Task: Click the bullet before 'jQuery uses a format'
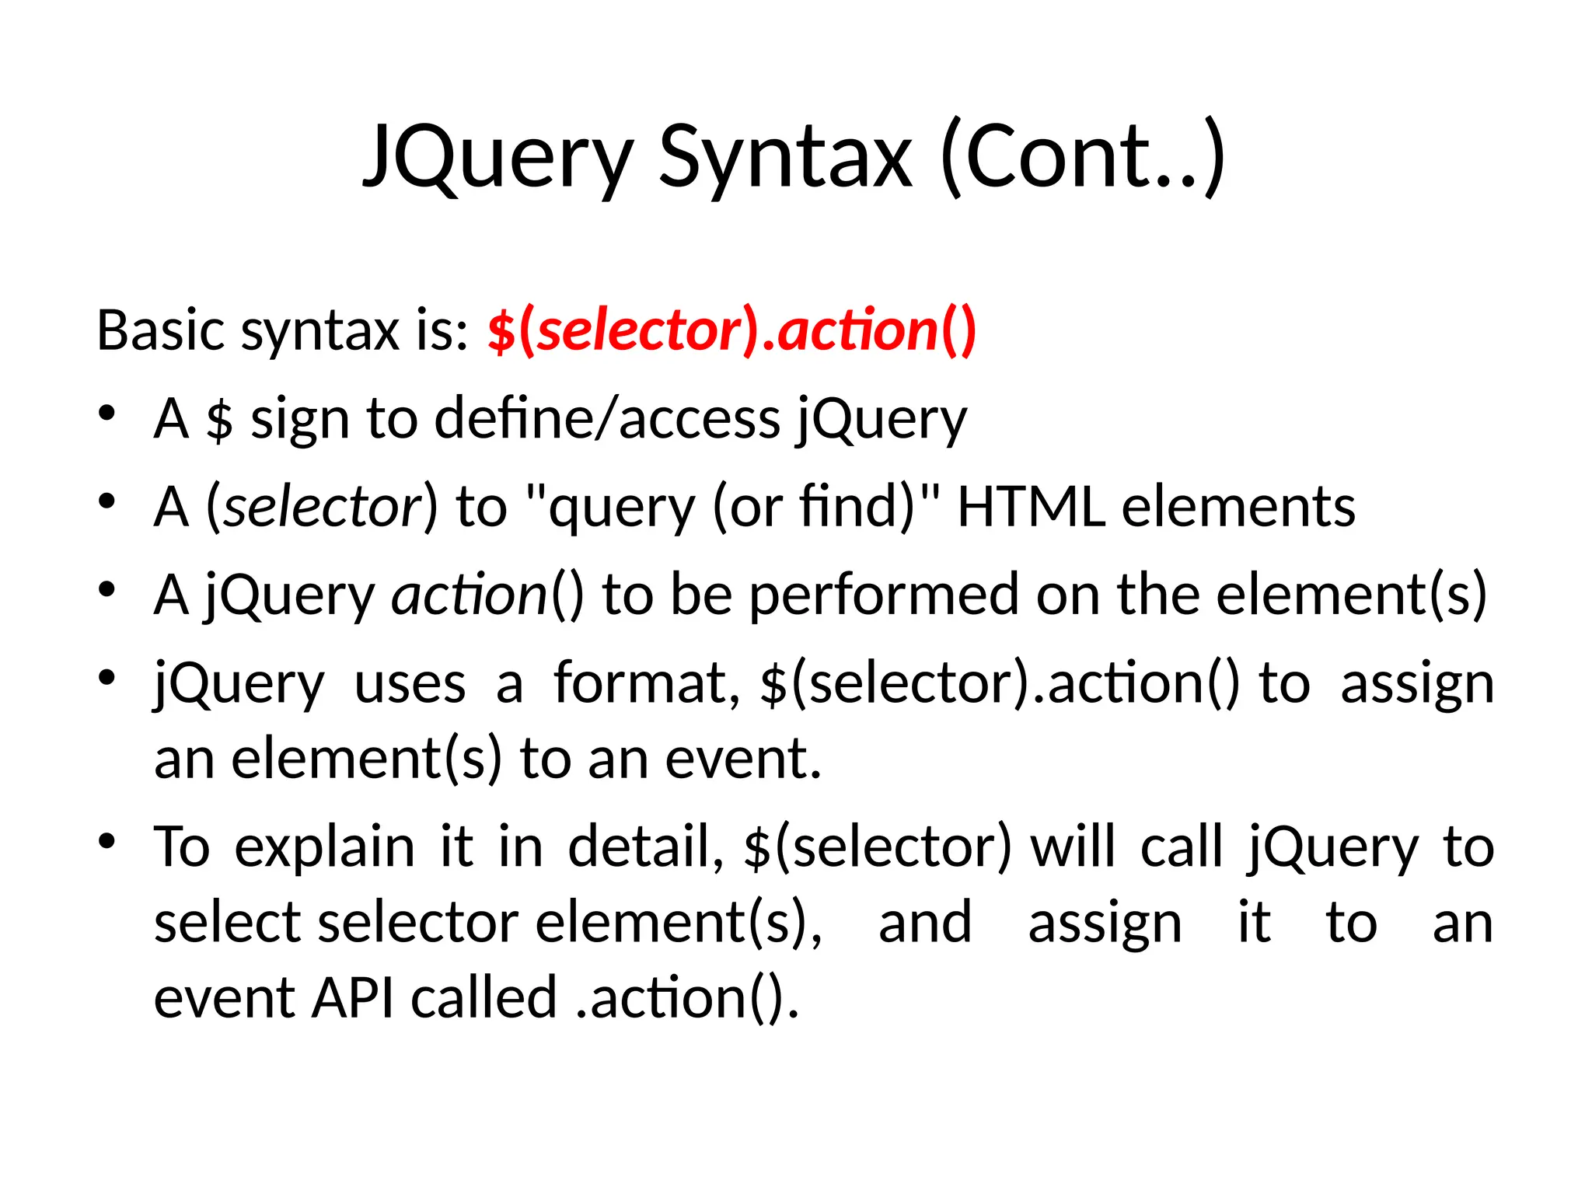(x=107, y=677)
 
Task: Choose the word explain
(x=324, y=848)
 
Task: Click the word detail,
(x=646, y=848)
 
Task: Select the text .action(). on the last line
(x=687, y=998)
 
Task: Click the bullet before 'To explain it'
(x=107, y=841)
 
